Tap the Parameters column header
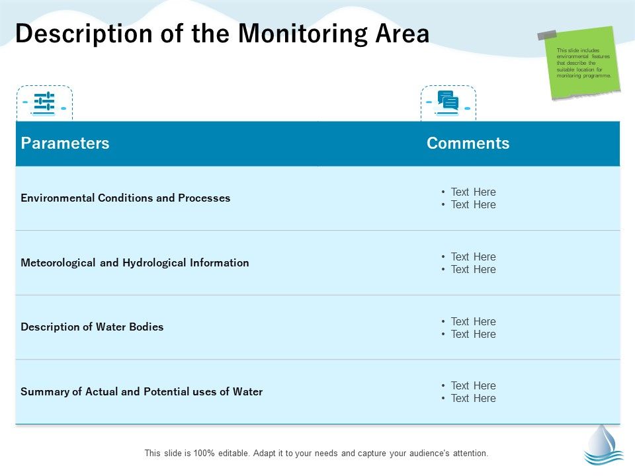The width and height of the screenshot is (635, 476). click(x=65, y=143)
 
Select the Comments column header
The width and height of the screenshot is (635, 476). click(x=468, y=143)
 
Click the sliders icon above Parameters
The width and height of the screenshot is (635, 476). click(x=44, y=102)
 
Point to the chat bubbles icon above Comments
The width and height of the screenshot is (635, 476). click(x=448, y=102)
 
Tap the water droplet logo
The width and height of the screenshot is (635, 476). click(x=603, y=444)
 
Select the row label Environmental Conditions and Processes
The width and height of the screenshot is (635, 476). click(x=126, y=198)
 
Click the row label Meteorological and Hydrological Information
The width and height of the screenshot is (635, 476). click(x=135, y=262)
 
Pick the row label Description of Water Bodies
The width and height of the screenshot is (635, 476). click(x=92, y=327)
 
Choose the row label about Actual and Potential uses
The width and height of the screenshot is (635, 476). click(x=142, y=391)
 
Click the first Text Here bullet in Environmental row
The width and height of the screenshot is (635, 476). click(x=473, y=192)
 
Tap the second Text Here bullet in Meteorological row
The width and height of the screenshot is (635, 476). click(x=473, y=269)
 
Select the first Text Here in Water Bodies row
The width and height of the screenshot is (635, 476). click(x=473, y=321)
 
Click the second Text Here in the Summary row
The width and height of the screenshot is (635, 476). click(x=473, y=398)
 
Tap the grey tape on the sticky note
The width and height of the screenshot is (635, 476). click(x=547, y=35)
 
